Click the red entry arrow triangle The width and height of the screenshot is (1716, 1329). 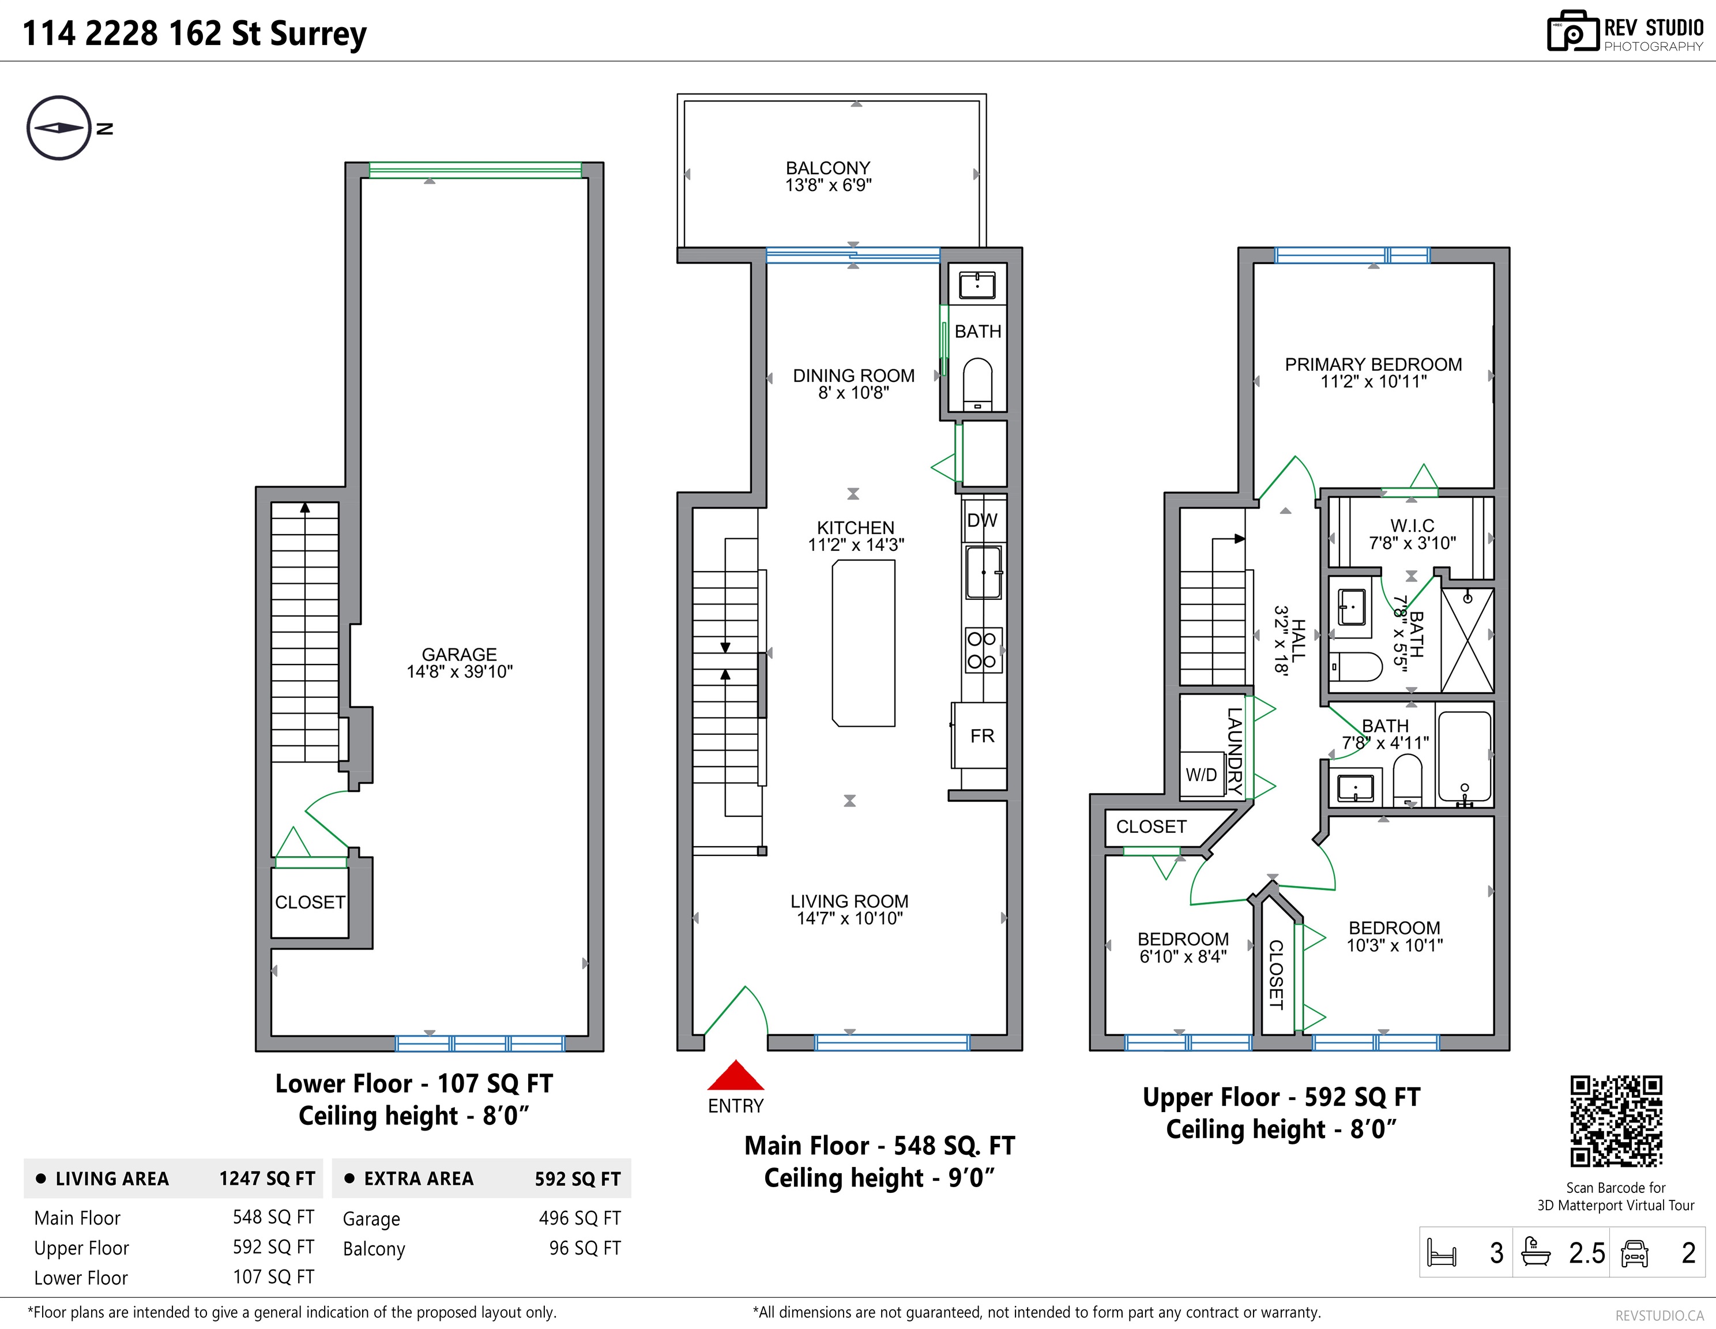[735, 1075]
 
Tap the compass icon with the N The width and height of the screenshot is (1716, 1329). [60, 128]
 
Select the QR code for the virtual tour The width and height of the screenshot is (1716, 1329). [1616, 1121]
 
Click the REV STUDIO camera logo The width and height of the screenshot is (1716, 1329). [1573, 32]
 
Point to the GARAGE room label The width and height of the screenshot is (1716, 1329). [460, 655]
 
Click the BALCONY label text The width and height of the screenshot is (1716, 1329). [828, 168]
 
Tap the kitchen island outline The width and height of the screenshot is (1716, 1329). [864, 643]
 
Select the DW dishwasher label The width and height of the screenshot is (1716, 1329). [982, 520]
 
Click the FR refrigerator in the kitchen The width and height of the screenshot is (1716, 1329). [980, 735]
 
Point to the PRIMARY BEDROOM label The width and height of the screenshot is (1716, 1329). [1373, 365]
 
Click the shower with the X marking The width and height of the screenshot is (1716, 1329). [1467, 640]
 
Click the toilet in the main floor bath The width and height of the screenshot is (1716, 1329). [977, 384]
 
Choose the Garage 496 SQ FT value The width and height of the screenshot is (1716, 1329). [580, 1218]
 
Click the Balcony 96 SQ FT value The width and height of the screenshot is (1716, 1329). [585, 1248]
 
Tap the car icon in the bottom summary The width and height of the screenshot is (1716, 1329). [1634, 1253]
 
